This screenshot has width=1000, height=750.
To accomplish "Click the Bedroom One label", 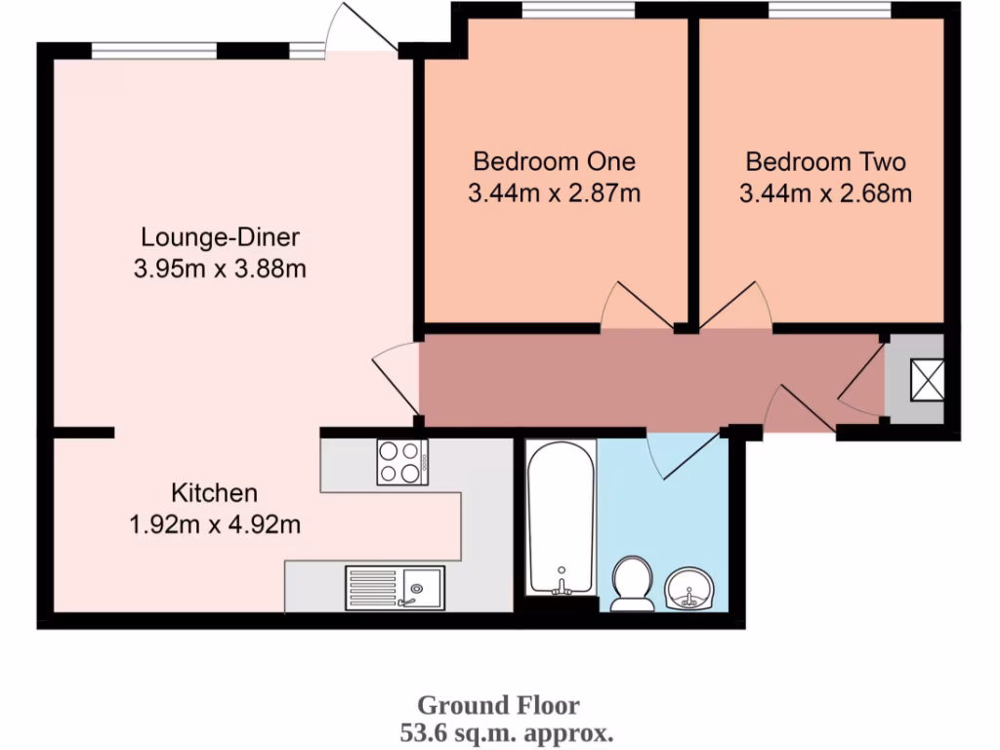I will click(x=554, y=161).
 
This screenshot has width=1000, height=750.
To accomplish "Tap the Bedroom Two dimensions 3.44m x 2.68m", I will click(x=825, y=193).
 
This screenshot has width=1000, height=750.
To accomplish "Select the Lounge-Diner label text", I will click(x=220, y=237).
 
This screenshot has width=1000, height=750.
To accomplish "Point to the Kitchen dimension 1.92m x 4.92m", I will click(x=214, y=525).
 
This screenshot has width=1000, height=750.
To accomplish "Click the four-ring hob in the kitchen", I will click(x=402, y=462).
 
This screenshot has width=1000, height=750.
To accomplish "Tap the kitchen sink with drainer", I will click(x=395, y=588).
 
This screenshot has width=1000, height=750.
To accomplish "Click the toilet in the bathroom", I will click(x=633, y=583).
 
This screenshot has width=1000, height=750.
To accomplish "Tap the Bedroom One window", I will click(x=577, y=11).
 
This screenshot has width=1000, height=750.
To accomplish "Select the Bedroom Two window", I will click(x=828, y=11).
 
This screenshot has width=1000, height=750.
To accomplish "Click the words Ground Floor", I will click(x=498, y=705).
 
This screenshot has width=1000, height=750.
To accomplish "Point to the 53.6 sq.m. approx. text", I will click(x=507, y=730).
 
